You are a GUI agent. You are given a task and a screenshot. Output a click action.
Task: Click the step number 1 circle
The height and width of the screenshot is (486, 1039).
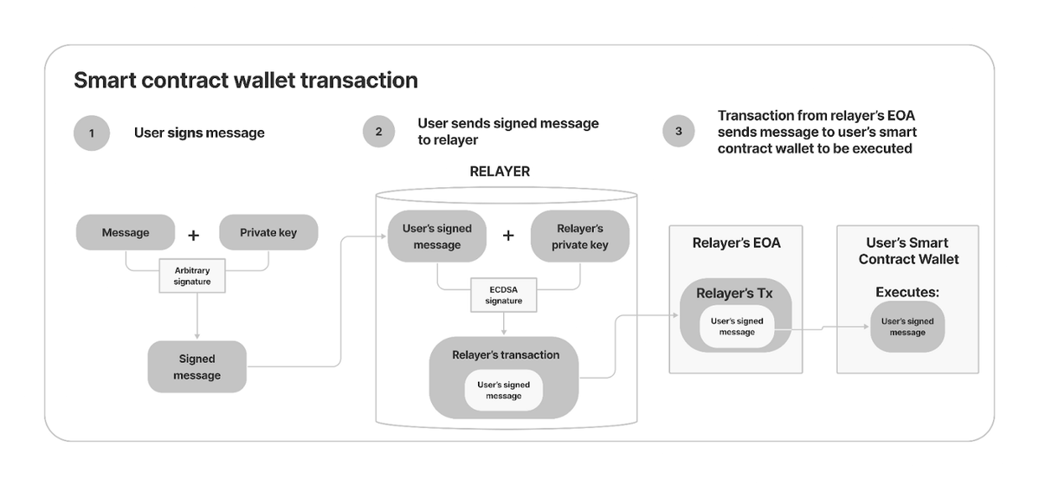92,133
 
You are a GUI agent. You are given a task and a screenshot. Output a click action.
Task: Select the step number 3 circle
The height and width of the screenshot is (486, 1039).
679,132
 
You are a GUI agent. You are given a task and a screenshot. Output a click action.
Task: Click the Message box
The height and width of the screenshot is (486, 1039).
126,232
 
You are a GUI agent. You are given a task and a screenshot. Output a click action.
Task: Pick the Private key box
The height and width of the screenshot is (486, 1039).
268,232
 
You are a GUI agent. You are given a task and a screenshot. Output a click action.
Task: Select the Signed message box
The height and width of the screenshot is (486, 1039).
197,367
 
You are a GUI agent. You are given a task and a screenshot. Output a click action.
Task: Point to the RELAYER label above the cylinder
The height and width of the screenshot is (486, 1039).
500,172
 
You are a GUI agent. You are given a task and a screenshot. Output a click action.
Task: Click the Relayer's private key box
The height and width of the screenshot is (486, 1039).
580,237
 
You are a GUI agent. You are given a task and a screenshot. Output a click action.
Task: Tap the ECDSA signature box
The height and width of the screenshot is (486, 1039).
503,295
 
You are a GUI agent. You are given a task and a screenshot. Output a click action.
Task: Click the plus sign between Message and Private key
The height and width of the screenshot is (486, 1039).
194,235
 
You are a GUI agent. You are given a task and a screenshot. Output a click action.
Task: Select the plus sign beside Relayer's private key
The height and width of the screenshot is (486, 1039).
509,236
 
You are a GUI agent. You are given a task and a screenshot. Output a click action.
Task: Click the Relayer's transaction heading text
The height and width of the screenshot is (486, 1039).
506,355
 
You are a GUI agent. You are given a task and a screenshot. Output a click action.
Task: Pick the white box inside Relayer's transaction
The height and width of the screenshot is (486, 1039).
504,390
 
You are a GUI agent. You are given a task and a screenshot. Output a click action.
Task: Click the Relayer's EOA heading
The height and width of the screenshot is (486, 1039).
736,243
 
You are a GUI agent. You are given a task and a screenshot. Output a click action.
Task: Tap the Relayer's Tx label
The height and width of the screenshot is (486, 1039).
734,294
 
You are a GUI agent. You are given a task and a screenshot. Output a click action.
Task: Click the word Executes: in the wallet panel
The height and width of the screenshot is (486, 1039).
907,293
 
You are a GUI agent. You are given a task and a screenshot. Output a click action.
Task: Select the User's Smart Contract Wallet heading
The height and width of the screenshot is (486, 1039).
907,251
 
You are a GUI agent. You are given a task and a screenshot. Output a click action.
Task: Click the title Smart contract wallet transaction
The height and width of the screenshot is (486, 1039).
246,81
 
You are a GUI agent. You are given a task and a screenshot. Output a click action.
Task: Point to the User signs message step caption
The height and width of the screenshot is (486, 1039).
199,133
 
